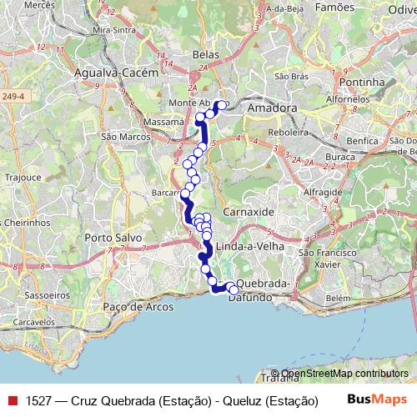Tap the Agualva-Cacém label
point(116,73)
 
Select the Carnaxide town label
point(249,212)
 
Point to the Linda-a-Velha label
point(250,247)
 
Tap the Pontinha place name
point(363,83)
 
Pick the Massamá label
point(163,121)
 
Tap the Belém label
point(337,298)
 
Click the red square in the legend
point(11,400)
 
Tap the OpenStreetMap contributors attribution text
point(344,373)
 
